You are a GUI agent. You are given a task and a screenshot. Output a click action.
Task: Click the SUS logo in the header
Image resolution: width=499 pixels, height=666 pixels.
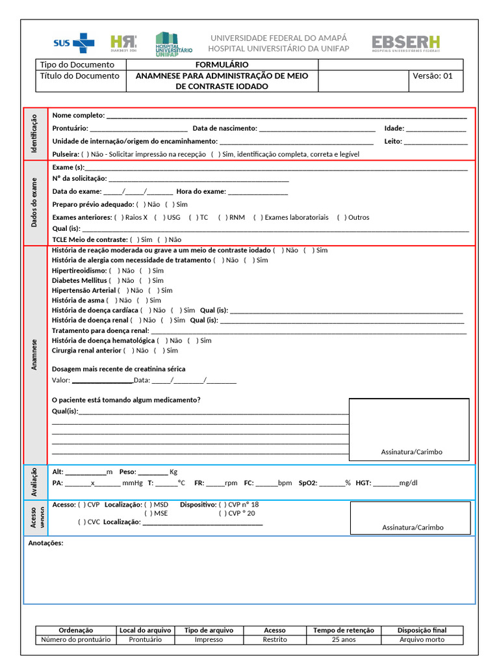click(x=73, y=44)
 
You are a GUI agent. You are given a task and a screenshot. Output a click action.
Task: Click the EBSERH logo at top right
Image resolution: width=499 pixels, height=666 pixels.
click(x=405, y=44)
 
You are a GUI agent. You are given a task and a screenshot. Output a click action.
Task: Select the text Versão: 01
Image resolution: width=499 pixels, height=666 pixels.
click(x=433, y=75)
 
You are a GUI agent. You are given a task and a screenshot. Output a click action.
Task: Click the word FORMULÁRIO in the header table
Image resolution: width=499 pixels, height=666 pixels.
click(x=222, y=64)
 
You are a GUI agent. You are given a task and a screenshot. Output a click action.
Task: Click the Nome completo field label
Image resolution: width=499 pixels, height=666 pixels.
click(x=78, y=115)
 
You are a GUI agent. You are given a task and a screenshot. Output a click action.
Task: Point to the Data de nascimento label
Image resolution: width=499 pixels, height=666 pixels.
click(x=225, y=128)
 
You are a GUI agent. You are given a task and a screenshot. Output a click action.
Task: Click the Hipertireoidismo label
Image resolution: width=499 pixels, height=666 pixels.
click(x=79, y=270)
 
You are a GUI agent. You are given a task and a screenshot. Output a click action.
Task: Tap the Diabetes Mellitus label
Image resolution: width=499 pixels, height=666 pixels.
click(x=79, y=280)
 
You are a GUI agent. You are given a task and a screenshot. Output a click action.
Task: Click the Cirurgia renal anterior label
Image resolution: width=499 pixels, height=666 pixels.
click(x=86, y=351)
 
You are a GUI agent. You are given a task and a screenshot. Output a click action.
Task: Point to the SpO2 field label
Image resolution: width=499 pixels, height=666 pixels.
click(x=308, y=483)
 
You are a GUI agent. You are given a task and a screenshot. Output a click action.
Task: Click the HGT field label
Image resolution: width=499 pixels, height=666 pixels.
click(x=363, y=483)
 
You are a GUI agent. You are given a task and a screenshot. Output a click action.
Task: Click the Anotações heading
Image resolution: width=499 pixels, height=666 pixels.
click(x=45, y=543)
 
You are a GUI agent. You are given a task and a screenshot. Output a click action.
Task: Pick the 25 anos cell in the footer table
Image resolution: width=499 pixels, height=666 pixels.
click(x=343, y=639)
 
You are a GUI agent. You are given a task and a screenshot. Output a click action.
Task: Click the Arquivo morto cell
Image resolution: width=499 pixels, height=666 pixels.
click(x=422, y=639)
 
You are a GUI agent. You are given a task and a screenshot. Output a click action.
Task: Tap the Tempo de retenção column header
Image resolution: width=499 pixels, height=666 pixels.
click(x=343, y=630)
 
